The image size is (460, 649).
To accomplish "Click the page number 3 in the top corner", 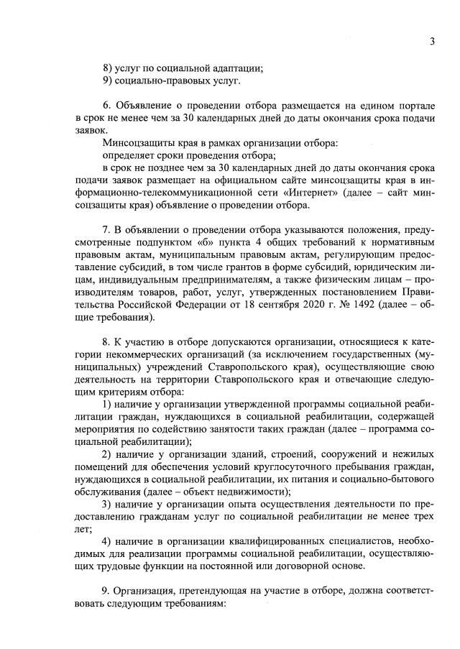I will (432, 41).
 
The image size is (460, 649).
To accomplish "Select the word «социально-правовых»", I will (161, 81).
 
